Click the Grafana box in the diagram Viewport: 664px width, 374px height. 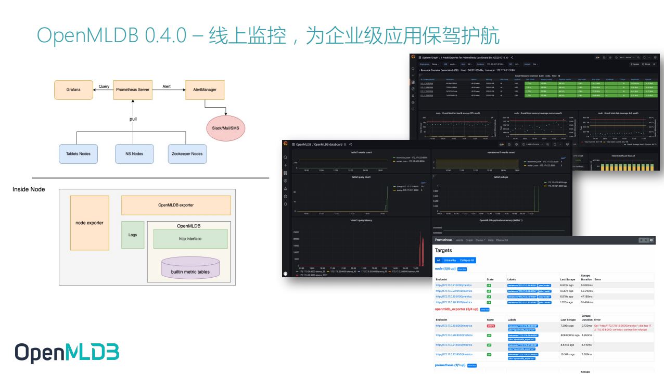coord(73,89)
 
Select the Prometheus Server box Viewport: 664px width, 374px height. coord(132,89)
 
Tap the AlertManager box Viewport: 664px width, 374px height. coord(205,89)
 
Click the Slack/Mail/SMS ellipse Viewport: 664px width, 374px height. coord(226,128)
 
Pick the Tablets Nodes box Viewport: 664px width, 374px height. coord(78,153)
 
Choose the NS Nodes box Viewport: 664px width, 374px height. coord(134,153)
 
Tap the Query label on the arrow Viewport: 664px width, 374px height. coord(104,86)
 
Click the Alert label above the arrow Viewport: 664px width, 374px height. coord(167,86)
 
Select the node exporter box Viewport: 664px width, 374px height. coord(90,223)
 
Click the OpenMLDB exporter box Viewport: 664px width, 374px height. coord(176,205)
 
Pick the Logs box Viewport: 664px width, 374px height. coord(133,235)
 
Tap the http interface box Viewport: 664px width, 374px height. coord(190,239)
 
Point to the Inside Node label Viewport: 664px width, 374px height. coord(29,189)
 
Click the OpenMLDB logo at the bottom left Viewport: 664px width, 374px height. coord(67,352)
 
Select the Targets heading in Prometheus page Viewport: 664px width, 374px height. coord(443,250)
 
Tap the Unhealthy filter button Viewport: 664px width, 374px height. coord(450,260)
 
